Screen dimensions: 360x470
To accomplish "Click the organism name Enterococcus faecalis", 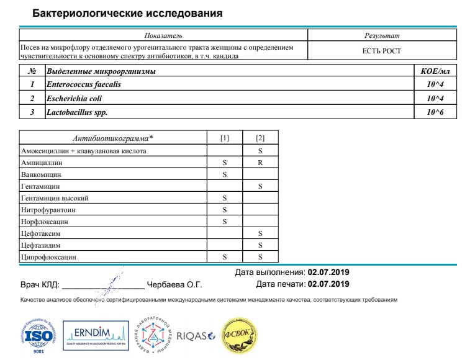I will [84, 84].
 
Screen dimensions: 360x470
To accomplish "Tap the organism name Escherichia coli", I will [74, 99].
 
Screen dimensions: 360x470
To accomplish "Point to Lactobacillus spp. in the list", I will [81, 113].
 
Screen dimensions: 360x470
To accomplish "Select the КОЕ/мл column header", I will [435, 71].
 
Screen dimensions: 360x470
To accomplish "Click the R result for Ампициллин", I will [260, 163].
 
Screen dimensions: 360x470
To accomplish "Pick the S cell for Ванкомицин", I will [225, 174].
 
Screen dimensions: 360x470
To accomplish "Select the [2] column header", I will [260, 137].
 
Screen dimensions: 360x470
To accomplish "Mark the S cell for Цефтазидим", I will [260, 245].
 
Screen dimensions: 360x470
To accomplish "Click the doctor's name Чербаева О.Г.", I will [174, 285].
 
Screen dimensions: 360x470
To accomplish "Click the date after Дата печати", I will [328, 284].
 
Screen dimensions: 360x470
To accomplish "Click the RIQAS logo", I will [195, 336].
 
